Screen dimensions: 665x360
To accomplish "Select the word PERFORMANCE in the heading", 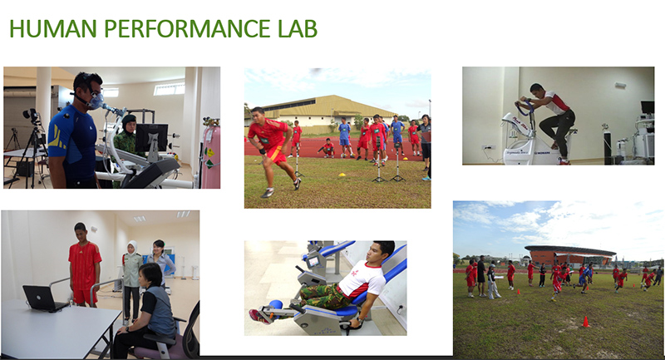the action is pos(187,29).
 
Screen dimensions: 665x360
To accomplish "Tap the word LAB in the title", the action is pos(298,29).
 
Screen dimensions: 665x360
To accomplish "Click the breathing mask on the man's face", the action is pos(96,101).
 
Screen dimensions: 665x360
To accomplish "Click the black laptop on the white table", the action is pos(44,298).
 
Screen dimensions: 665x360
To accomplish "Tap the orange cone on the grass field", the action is pos(586,322).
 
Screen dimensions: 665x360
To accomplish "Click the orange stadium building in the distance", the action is pos(569,256).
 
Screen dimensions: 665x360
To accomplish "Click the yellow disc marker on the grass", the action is pos(342,175).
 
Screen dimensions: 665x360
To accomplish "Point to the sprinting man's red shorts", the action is pos(277,155).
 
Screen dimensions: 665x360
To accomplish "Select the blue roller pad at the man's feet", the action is pos(275,304).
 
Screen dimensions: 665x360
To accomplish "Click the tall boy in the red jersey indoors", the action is pos(84,264).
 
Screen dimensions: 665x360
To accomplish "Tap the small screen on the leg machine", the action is pos(313,262).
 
